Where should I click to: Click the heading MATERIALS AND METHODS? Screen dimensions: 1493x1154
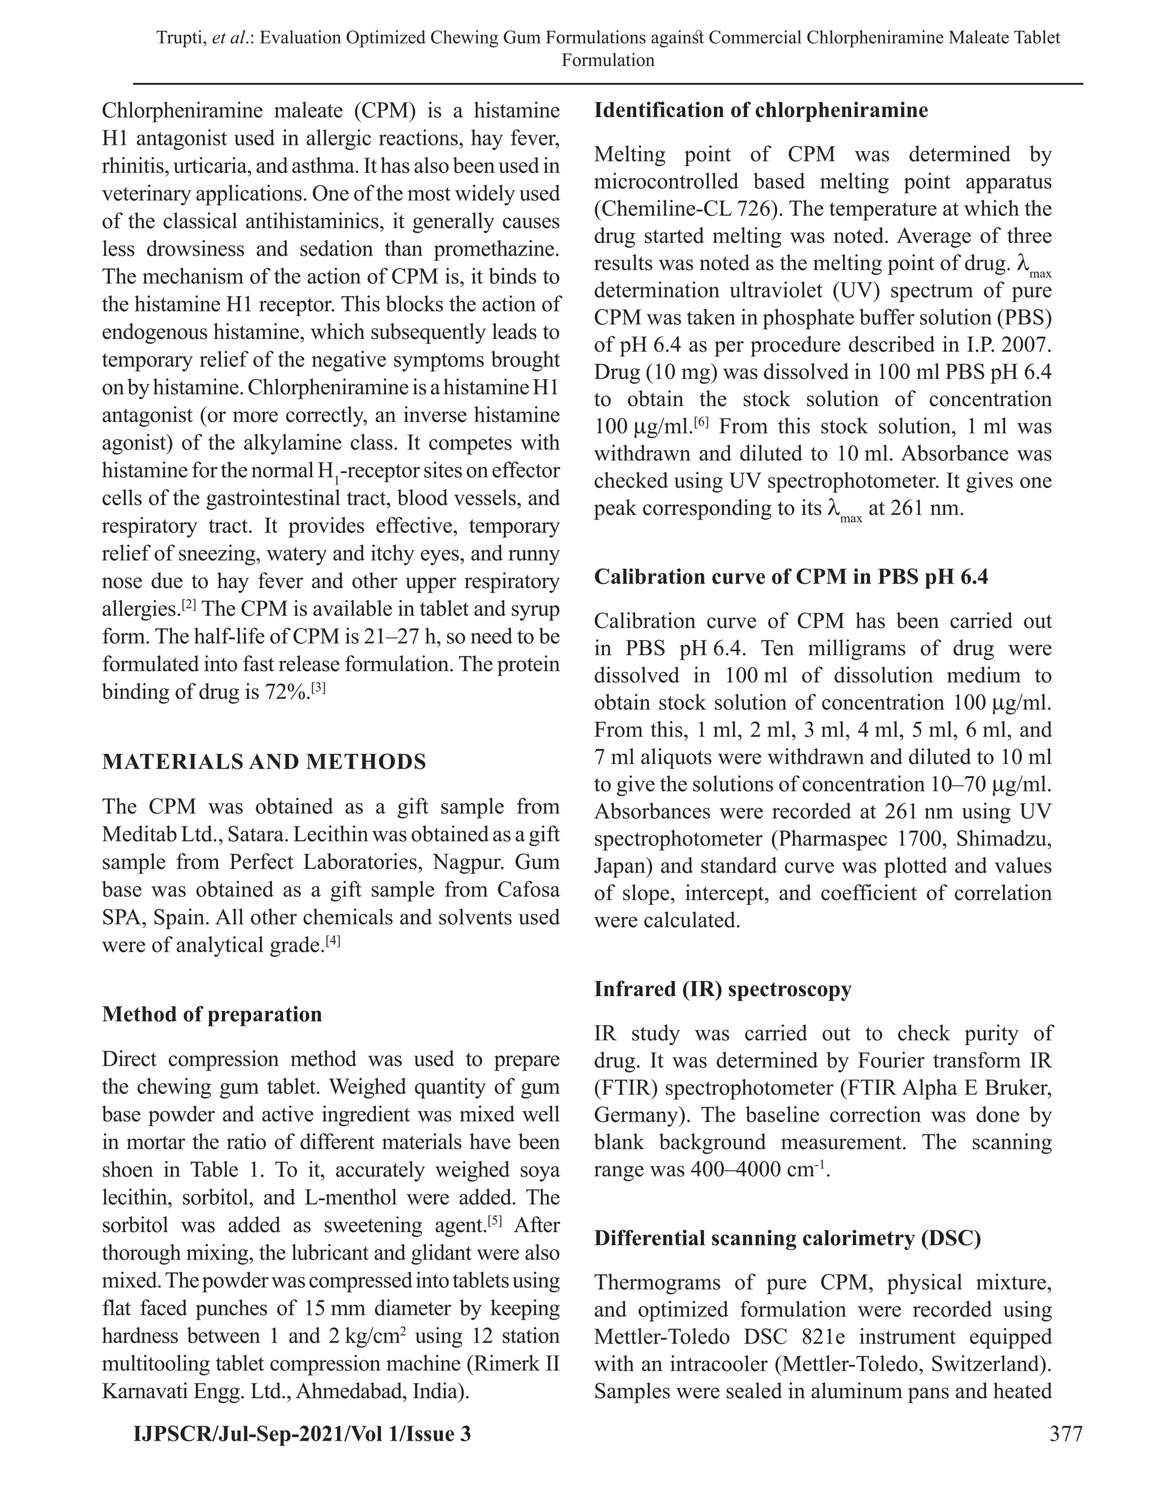click(x=264, y=762)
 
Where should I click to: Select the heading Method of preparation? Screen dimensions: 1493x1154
click(x=212, y=1014)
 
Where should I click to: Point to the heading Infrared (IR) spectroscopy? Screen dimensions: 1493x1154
click(x=722, y=989)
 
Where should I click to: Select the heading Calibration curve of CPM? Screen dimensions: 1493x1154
click(x=791, y=577)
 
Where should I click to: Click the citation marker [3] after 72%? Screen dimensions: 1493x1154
click(x=318, y=690)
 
